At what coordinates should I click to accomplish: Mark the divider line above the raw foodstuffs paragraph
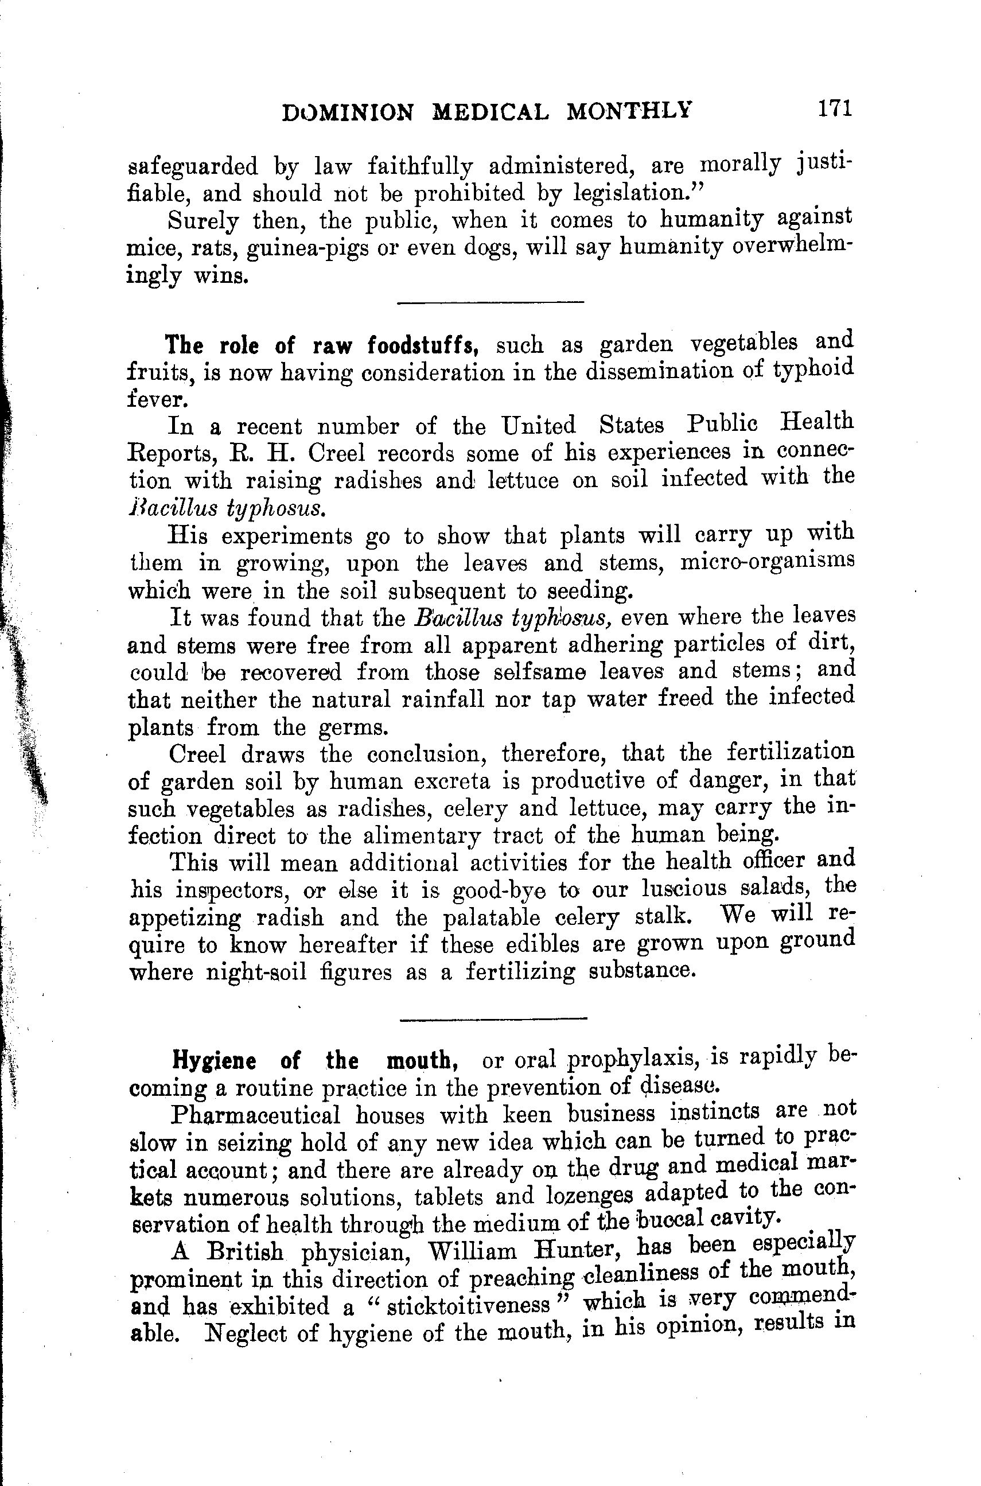point(490,303)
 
